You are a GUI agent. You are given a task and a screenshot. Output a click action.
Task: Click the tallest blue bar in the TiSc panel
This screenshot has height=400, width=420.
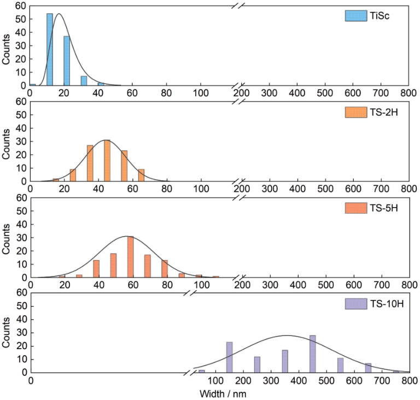click(50, 50)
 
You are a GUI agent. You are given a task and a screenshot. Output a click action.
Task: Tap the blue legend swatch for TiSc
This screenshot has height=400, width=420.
click(355, 16)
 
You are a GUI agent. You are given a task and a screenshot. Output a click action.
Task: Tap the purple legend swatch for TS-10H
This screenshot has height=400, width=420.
click(355, 303)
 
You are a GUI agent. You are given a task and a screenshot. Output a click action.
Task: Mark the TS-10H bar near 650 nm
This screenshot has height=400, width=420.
click(368, 367)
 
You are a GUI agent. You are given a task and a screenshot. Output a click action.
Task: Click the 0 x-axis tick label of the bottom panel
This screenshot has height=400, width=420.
click(32, 381)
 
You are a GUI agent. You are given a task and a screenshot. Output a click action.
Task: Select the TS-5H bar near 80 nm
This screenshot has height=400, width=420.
click(165, 268)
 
